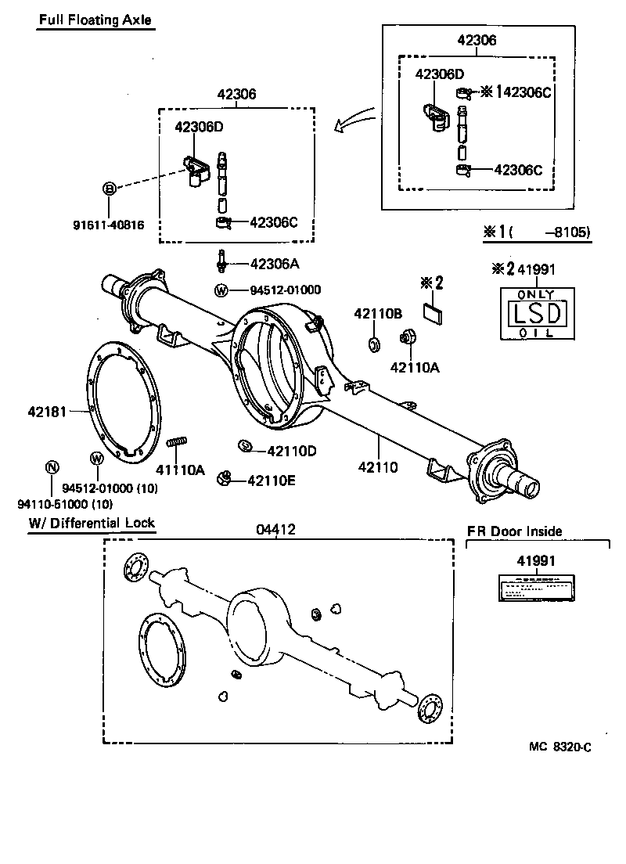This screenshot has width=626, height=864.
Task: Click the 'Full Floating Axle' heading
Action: tap(95, 20)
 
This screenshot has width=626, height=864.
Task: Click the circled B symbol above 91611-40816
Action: tap(110, 188)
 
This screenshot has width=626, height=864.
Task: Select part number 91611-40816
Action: tap(109, 226)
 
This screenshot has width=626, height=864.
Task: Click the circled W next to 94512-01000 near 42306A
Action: tap(221, 290)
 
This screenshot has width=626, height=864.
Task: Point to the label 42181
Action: tap(46, 410)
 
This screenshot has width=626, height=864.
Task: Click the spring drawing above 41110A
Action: tap(178, 442)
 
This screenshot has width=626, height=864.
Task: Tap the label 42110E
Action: tap(272, 481)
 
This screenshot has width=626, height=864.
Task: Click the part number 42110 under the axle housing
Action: tap(378, 468)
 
